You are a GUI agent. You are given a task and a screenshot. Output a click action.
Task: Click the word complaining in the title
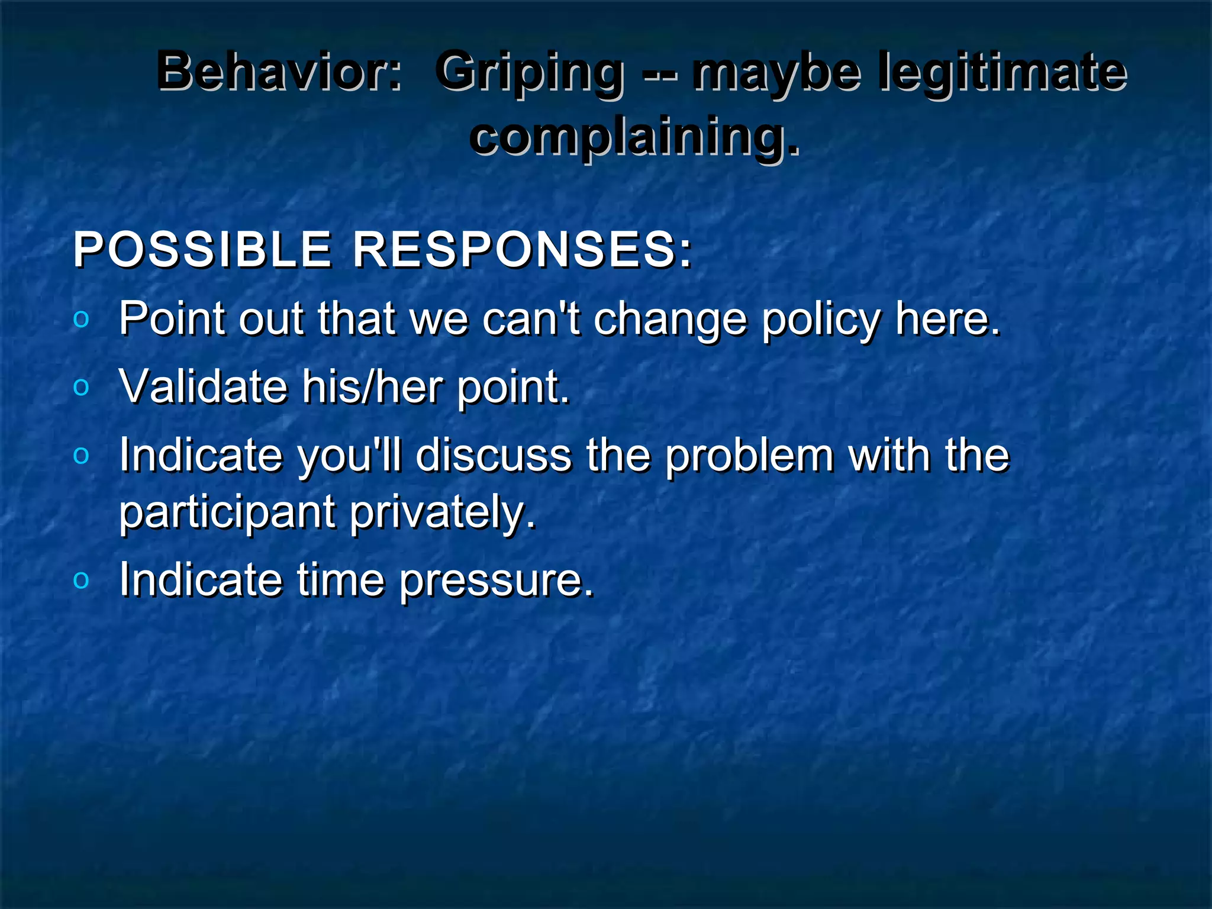(634, 137)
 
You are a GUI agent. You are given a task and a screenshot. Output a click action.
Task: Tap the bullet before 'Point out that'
(81, 320)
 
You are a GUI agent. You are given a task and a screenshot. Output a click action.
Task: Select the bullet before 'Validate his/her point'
(81, 388)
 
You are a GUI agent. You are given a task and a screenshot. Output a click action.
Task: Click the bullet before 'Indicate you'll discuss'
(81, 456)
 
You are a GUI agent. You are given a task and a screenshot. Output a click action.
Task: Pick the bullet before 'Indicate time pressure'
(81, 581)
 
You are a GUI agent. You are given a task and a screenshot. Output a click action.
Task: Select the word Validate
(203, 387)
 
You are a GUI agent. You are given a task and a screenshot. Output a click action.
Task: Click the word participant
(228, 512)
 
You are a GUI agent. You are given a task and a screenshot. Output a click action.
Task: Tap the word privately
(442, 512)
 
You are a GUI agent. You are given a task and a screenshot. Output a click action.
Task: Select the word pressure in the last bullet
(496, 581)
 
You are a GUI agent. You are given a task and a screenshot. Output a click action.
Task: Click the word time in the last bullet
(340, 581)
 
